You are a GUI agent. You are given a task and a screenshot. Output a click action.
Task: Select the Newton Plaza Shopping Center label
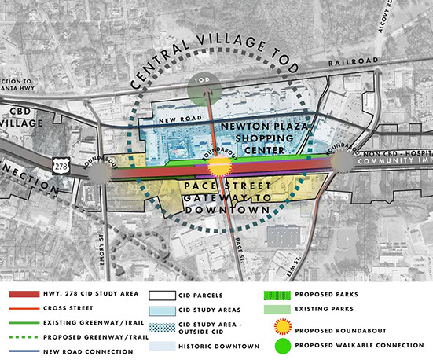pyautogui.click(x=255, y=138)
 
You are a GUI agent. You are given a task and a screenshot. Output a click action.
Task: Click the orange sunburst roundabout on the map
pyautogui.click(x=218, y=166)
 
